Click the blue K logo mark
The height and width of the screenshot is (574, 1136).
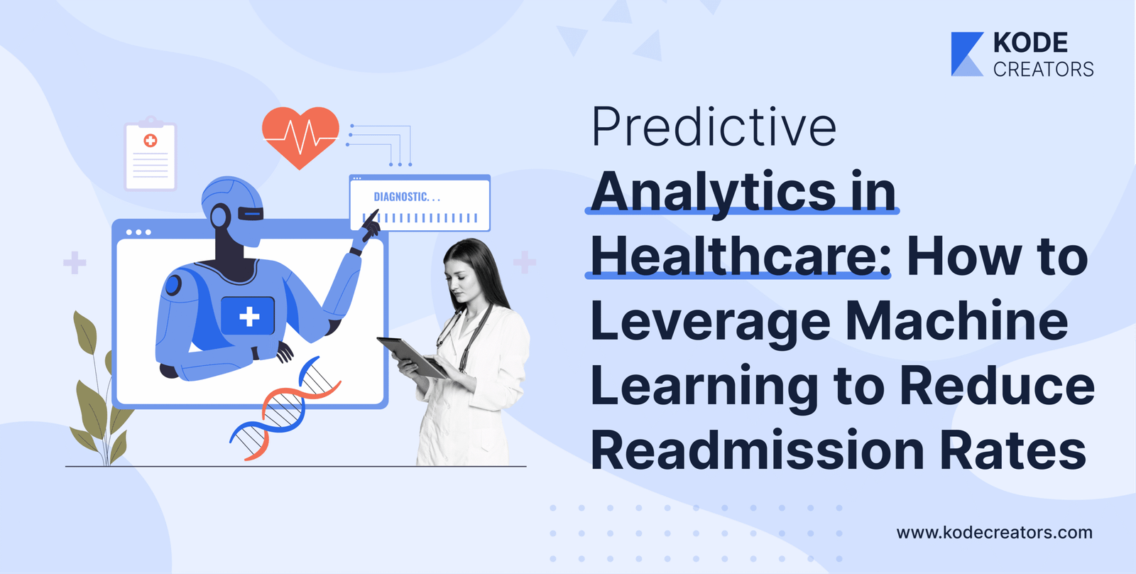pyautogui.click(x=966, y=54)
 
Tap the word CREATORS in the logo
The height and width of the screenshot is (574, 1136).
pyautogui.click(x=1043, y=70)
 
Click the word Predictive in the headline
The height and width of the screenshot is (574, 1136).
pyautogui.click(x=714, y=127)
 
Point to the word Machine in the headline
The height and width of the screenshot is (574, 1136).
pyautogui.click(x=956, y=321)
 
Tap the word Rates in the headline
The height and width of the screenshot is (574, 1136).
pyautogui.click(x=1012, y=450)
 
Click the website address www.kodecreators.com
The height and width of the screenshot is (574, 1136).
pyautogui.click(x=995, y=533)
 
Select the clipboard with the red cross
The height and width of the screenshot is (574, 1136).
pyautogui.click(x=150, y=154)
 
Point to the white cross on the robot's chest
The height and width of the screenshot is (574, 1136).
pyautogui.click(x=249, y=316)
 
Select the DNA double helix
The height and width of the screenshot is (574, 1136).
pyautogui.click(x=285, y=408)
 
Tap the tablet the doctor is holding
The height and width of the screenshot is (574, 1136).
pyautogui.click(x=413, y=357)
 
